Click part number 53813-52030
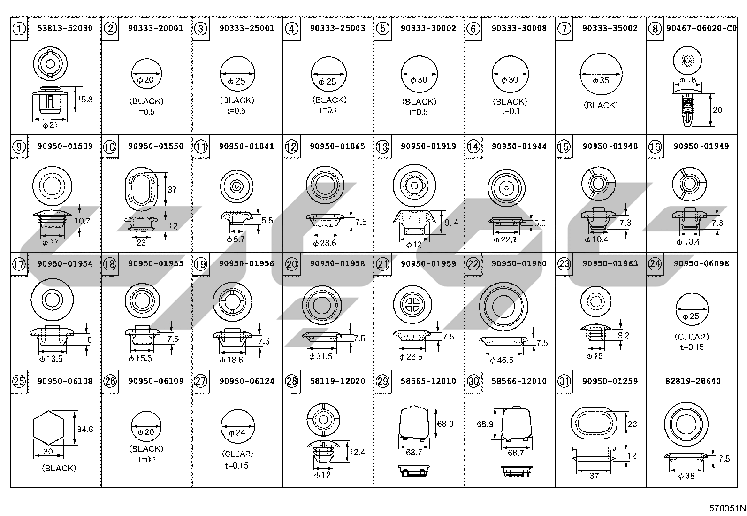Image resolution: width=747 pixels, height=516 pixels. (x=65, y=28)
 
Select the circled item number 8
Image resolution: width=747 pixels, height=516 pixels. (x=655, y=29)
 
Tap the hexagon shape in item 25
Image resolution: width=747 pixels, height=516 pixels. (x=48, y=428)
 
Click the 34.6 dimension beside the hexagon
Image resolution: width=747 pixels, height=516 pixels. (x=85, y=429)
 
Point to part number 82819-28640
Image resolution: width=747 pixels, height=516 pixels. (x=693, y=381)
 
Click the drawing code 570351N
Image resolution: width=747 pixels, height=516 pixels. (x=727, y=508)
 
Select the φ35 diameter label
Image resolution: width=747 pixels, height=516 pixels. (x=601, y=80)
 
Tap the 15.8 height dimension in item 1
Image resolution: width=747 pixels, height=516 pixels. (x=85, y=99)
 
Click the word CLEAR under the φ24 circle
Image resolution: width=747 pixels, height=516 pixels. (x=237, y=454)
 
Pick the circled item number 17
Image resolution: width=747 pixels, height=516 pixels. (x=19, y=264)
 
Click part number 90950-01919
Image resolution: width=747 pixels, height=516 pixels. (x=428, y=146)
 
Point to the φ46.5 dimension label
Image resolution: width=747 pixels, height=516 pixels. (x=502, y=360)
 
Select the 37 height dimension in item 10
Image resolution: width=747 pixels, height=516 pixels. (x=172, y=190)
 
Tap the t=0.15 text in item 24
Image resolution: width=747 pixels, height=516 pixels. (x=692, y=347)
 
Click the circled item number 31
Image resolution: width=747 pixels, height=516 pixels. (x=564, y=381)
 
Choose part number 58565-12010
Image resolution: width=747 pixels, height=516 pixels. (x=428, y=381)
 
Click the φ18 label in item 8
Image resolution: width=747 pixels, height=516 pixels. (x=687, y=80)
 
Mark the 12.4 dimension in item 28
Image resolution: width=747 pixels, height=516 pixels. (x=357, y=452)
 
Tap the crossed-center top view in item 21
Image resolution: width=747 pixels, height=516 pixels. (x=412, y=304)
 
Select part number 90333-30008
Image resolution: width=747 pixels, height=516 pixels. (x=519, y=28)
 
